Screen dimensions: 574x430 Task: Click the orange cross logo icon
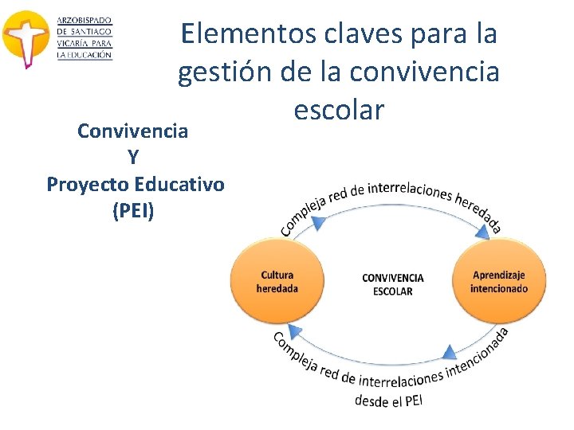pyautogui.click(x=26, y=38)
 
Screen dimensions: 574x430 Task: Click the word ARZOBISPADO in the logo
pyautogui.click(x=85, y=20)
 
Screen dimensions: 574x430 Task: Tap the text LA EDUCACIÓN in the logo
pyautogui.click(x=85, y=54)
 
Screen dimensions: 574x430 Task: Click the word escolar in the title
pyautogui.click(x=339, y=110)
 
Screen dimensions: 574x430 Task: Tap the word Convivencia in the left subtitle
pyautogui.click(x=132, y=131)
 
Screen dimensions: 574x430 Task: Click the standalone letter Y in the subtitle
pyautogui.click(x=133, y=158)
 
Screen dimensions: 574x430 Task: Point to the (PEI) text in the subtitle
pyautogui.click(x=134, y=211)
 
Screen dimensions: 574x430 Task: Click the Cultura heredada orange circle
pyautogui.click(x=277, y=281)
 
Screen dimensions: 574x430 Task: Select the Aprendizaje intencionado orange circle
pyautogui.click(x=498, y=281)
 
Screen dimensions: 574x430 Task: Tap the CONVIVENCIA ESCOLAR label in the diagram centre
pyautogui.click(x=392, y=284)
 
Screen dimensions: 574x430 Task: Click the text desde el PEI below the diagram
pyautogui.click(x=388, y=400)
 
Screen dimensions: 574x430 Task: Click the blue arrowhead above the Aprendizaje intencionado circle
pyautogui.click(x=484, y=233)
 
